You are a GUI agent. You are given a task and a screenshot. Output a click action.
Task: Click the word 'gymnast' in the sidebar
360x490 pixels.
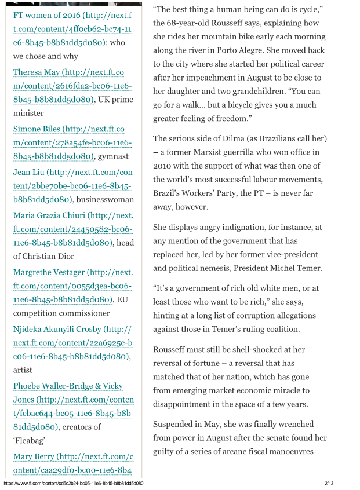(x=113, y=156)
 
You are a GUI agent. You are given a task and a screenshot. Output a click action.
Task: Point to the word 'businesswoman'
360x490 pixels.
(x=103, y=200)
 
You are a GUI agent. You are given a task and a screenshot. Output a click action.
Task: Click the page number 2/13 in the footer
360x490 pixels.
(x=329, y=483)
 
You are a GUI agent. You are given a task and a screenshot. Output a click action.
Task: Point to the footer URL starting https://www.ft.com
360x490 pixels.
(x=73, y=483)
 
